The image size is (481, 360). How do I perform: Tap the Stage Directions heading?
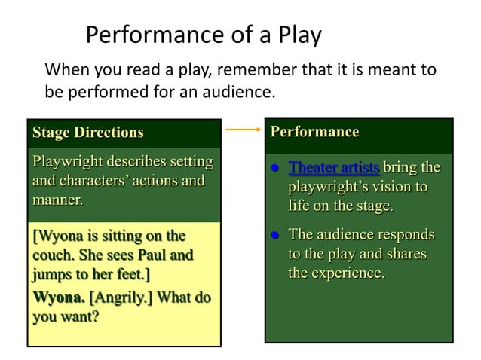87,133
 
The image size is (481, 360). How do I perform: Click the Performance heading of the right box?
314,132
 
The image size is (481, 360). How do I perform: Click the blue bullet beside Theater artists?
277,167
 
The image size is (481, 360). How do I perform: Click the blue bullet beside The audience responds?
277,235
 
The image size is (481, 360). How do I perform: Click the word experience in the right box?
347,273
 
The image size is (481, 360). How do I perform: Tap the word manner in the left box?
56,200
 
